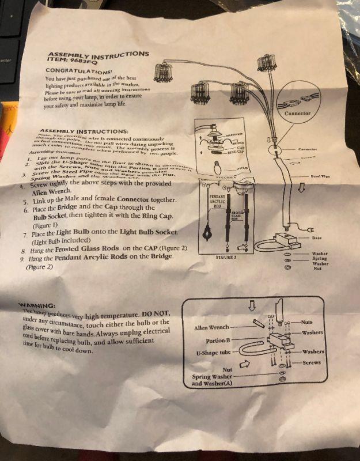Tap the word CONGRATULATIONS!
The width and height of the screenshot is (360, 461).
pos(74,70)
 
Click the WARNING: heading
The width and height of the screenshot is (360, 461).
pos(37,304)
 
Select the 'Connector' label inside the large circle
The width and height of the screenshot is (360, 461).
pos(298,114)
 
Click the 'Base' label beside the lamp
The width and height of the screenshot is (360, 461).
pos(316,236)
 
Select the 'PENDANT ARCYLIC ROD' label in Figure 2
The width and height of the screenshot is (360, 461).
pos(209,201)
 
